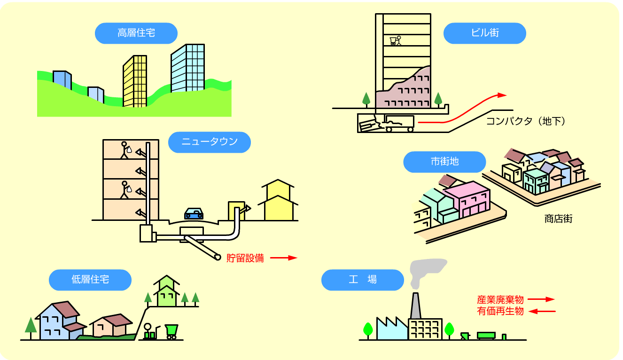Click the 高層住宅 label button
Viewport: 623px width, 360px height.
point(136,33)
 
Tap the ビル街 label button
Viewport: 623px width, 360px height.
point(484,33)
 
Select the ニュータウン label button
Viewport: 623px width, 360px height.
point(210,142)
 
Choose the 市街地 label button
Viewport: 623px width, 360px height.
point(444,162)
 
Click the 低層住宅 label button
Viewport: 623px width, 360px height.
point(90,280)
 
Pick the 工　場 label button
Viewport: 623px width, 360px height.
point(362,280)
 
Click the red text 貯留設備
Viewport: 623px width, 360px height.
point(245,258)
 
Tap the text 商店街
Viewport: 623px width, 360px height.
point(558,219)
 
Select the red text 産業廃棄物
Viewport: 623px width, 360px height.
point(500,299)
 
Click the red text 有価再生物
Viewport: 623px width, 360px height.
point(500,311)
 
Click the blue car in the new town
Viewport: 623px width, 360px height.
point(194,213)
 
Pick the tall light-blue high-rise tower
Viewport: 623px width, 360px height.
point(187,68)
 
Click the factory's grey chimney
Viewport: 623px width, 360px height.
point(415,306)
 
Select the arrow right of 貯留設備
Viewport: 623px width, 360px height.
point(283,258)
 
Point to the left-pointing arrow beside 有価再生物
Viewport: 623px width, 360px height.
point(542,311)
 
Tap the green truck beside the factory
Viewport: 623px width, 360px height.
point(486,335)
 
